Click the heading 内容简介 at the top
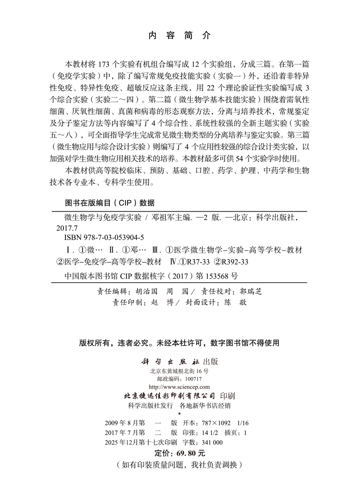click(x=180, y=35)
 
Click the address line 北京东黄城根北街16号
click(x=178, y=371)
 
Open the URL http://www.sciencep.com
click(x=179, y=387)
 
